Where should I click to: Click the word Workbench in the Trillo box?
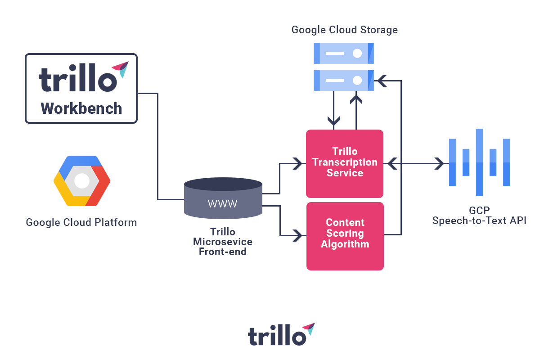tap(81, 108)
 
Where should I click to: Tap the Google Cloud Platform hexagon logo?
tap(82, 181)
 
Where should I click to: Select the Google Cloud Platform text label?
tap(81, 222)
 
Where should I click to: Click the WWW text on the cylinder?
tap(223, 204)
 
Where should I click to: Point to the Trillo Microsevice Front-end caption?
tap(223, 242)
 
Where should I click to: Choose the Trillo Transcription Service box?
tap(345, 163)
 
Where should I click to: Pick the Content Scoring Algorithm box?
tap(345, 235)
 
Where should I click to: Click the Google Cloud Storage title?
tap(345, 30)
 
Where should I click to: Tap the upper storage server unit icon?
tap(344, 53)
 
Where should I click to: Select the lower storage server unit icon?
tap(344, 80)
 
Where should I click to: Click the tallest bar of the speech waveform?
tap(479, 162)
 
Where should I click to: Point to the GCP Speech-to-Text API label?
tap(479, 216)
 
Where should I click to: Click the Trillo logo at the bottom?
tap(281, 334)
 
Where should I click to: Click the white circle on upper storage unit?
tap(357, 53)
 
